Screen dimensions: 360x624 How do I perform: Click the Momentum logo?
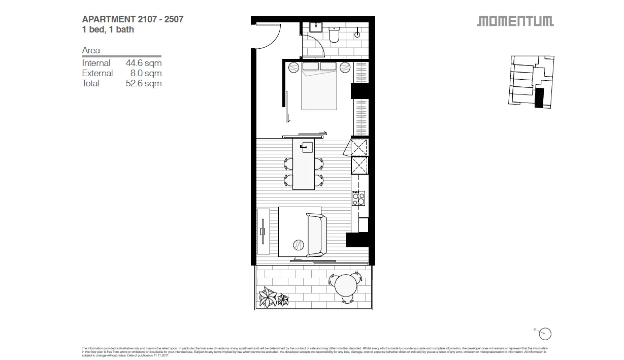pos(515,21)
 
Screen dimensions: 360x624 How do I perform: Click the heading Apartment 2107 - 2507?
pos(133,19)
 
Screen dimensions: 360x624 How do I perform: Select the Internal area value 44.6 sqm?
pos(144,63)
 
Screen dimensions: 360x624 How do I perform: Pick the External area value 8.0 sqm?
pos(146,73)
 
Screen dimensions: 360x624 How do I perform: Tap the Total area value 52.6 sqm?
pos(144,83)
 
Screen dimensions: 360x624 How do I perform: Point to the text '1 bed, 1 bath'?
pos(108,29)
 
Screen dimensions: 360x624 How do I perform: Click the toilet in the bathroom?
pos(334,35)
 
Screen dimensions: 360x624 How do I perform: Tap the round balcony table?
pos(345,285)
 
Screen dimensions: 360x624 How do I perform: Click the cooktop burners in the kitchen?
pos(358,198)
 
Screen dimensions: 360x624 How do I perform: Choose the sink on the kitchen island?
pos(307,147)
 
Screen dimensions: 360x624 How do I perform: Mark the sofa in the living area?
pos(316,235)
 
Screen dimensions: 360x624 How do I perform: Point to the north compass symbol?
pos(545,334)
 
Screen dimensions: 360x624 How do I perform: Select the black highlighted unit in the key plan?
pos(539,97)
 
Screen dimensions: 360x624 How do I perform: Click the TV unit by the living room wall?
pos(263,231)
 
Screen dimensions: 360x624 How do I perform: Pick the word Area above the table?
pos(91,50)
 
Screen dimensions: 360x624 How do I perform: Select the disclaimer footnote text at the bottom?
pos(315,351)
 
